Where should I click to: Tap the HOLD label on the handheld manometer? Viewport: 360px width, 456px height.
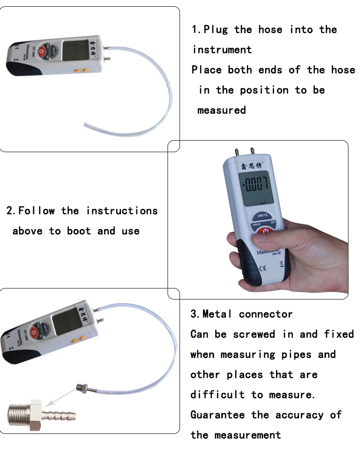[257, 225]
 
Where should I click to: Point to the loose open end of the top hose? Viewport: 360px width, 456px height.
[86, 125]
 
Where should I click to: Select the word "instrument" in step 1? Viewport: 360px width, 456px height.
[222, 50]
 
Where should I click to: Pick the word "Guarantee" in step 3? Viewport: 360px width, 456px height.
[218, 415]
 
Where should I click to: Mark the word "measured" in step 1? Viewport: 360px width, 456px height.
[221, 110]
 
